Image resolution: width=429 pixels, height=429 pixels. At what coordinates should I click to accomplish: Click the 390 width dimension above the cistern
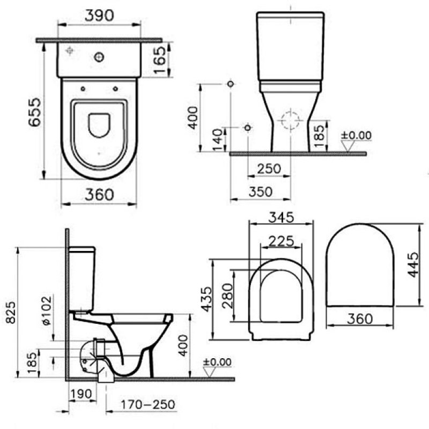[x=100, y=16]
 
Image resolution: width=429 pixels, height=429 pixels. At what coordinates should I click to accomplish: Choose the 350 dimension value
[x=261, y=192]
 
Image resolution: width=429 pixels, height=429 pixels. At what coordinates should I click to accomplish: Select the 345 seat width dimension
[x=281, y=218]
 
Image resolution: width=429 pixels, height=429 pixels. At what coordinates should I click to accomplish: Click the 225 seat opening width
[x=281, y=241]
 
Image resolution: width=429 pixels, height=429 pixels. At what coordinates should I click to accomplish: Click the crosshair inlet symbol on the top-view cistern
[x=69, y=51]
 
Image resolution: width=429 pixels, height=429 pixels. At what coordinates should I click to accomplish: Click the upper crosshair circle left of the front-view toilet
[x=231, y=84]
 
